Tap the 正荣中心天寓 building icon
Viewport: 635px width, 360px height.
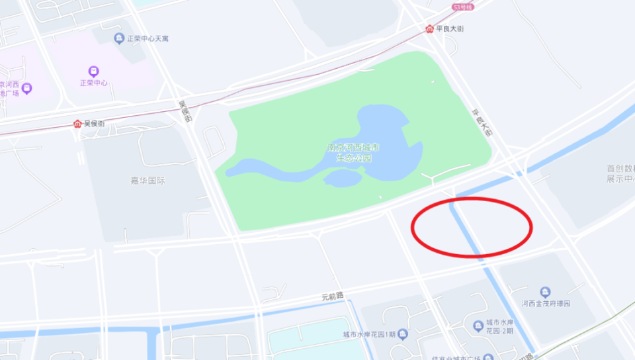coord(119,38)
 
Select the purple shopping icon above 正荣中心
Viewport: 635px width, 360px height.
coord(93,71)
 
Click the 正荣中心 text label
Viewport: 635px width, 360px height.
coord(93,83)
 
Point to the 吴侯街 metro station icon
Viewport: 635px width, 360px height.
coord(77,124)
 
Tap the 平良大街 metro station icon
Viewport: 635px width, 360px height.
coord(429,29)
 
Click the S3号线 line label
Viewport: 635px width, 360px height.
coord(464,7)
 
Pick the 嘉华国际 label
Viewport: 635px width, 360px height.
coord(148,180)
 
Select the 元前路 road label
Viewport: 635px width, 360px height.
coord(333,296)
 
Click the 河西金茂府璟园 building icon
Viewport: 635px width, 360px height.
coord(545,292)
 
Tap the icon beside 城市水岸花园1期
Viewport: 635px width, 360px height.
coord(403,334)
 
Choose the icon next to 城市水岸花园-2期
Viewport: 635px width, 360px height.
coord(478,324)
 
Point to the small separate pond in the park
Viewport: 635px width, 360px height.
coord(343,177)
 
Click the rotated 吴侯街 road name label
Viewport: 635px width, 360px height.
coord(187,112)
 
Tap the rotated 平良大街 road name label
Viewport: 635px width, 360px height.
coord(482,122)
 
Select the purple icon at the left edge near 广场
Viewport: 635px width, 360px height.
coord(26,88)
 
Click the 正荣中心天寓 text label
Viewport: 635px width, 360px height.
coord(148,39)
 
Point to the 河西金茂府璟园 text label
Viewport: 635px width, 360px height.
coord(546,304)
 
